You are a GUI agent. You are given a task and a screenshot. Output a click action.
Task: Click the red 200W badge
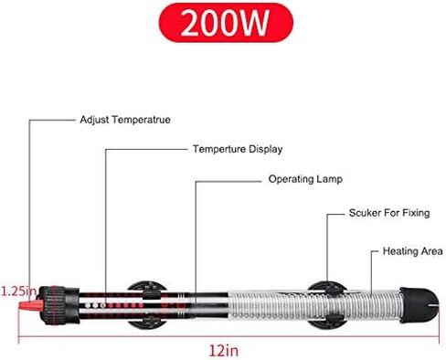[226, 23]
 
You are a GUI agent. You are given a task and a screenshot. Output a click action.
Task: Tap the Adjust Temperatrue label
[125, 120]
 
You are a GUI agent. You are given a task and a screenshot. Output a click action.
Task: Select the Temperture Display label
[238, 149]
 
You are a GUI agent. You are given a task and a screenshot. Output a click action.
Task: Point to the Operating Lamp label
[305, 179]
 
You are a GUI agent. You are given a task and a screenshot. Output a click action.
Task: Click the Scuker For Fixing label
[389, 213]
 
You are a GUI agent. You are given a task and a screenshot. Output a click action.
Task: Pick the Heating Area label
[413, 251]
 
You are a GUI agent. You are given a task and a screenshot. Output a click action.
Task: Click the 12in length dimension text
[224, 351]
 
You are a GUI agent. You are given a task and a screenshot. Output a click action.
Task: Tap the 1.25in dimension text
[19, 291]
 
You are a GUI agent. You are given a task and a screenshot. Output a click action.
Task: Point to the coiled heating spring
[313, 305]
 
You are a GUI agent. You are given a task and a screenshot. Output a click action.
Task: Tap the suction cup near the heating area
[327, 305]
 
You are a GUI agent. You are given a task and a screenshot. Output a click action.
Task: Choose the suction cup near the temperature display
[147, 305]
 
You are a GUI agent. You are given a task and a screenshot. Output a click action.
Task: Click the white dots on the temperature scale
[95, 305]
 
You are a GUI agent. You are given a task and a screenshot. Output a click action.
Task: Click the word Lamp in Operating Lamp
[330, 179]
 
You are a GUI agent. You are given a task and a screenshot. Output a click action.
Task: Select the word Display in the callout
[266, 149]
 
